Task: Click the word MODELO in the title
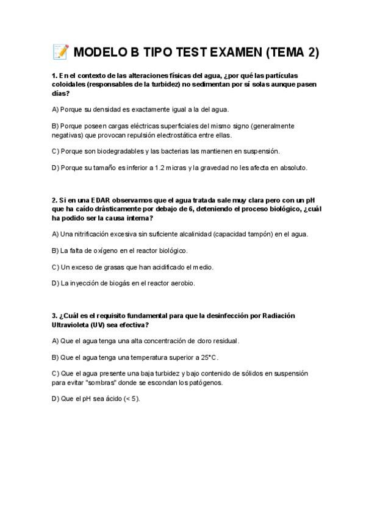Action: pyautogui.click(x=101, y=53)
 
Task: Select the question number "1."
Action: pyautogui.click(x=54, y=76)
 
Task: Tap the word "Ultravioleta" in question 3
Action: pyautogui.click(x=71, y=325)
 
